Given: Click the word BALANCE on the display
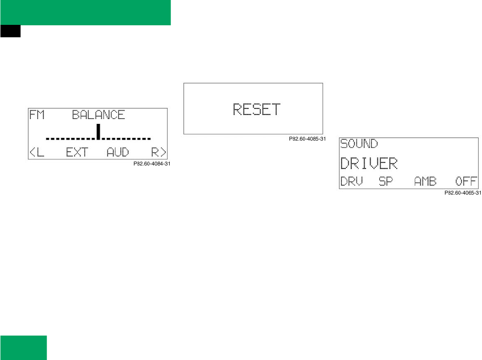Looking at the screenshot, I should pyautogui.click(x=98, y=115).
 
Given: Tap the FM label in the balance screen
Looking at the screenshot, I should pyautogui.click(x=38, y=115).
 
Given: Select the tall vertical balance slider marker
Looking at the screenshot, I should pyautogui.click(x=99, y=132).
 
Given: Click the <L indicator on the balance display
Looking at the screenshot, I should pyautogui.click(x=37, y=152).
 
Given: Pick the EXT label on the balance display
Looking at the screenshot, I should pyautogui.click(x=77, y=152).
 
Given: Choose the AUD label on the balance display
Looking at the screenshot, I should pyautogui.click(x=117, y=152).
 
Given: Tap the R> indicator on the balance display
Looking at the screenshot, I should pyautogui.click(x=159, y=152).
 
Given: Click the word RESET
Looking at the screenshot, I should pyautogui.click(x=256, y=109).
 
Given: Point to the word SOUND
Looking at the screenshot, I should pyautogui.click(x=359, y=144).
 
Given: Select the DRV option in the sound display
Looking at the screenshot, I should pyautogui.click(x=351, y=181).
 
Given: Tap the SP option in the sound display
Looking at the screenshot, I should pyautogui.click(x=386, y=181).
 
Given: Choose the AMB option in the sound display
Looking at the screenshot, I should pyautogui.click(x=425, y=181).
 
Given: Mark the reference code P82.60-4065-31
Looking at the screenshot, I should pyautogui.click(x=463, y=193).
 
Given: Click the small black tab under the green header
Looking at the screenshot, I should pyautogui.click(x=10, y=31).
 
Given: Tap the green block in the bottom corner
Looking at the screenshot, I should pyautogui.click(x=23, y=348).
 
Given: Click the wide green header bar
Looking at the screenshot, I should pyautogui.click(x=85, y=12).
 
